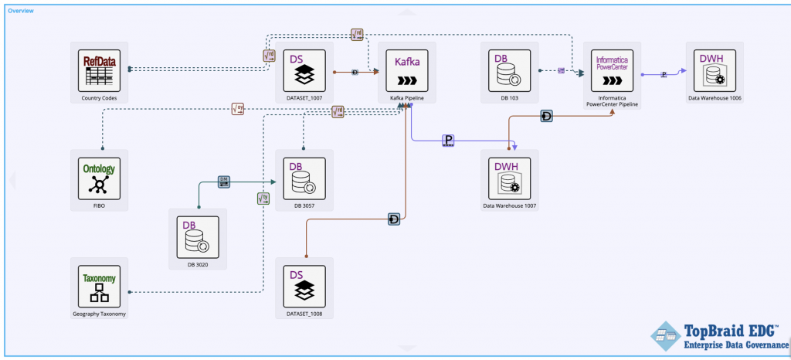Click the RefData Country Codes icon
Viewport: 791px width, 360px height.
coord(99,70)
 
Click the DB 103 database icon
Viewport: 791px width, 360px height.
coord(509,70)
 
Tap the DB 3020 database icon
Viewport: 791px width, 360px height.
coord(198,237)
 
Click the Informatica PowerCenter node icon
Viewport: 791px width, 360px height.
coord(613,70)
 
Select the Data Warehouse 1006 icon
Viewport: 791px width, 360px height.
coord(715,70)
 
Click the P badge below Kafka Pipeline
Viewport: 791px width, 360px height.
coord(448,140)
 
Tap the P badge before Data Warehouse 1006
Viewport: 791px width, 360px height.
coord(664,74)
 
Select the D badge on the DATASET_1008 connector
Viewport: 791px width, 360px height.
coord(394,220)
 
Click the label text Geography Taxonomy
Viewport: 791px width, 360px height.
coord(99,314)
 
